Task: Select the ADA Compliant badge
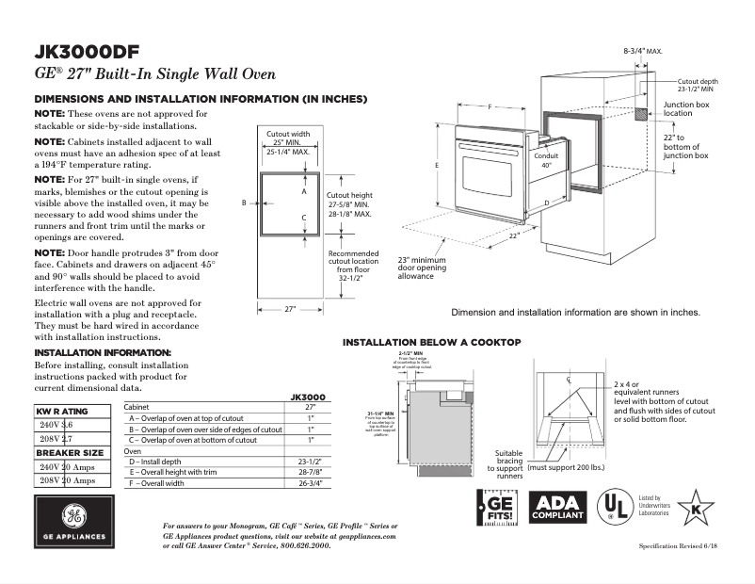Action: (x=558, y=509)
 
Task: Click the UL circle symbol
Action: (x=616, y=508)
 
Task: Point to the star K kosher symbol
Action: (x=696, y=508)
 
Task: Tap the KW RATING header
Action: (x=62, y=412)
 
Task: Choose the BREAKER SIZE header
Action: (x=70, y=453)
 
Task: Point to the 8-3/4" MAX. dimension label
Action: (x=643, y=49)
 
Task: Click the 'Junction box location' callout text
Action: (x=685, y=108)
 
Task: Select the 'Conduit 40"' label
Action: (x=547, y=160)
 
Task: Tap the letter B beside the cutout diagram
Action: (x=243, y=203)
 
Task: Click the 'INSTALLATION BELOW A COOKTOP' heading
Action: (x=431, y=342)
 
